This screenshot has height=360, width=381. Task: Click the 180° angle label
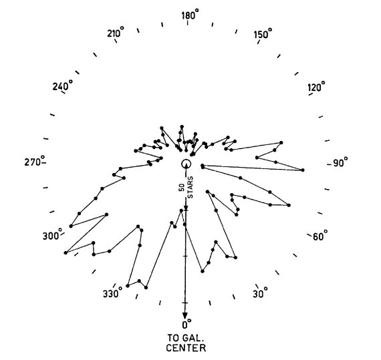pyautogui.click(x=190, y=15)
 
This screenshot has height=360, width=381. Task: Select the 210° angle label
pyautogui.click(x=116, y=32)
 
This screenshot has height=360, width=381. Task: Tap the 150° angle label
pyautogui.click(x=263, y=34)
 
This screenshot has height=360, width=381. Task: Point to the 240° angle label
pyautogui.click(x=62, y=85)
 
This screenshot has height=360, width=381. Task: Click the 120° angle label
pyautogui.click(x=316, y=86)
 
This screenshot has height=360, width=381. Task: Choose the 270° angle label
pyautogui.click(x=35, y=161)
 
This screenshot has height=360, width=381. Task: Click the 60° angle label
pyautogui.click(x=320, y=236)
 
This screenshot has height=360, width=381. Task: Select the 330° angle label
pyautogui.click(x=112, y=293)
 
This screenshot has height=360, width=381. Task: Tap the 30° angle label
pyautogui.click(x=260, y=293)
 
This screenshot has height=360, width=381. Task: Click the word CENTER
pyautogui.click(x=186, y=347)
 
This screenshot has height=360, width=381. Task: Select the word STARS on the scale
pyautogui.click(x=190, y=187)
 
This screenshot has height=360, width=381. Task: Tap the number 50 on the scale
pyautogui.click(x=182, y=188)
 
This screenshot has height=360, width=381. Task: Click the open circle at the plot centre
pyautogui.click(x=186, y=164)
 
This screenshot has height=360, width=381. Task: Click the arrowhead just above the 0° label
pyautogui.click(x=185, y=315)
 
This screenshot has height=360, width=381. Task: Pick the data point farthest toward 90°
pyautogui.click(x=303, y=170)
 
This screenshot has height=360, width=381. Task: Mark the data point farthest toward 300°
pyautogui.click(x=66, y=252)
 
